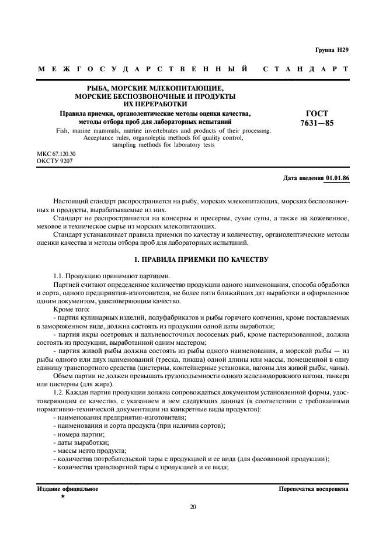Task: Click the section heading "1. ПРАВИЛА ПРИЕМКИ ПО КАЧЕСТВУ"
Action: (x=193, y=258)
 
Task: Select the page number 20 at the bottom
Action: (x=193, y=507)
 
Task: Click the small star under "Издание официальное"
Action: (x=62, y=496)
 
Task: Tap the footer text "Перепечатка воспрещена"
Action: (x=314, y=488)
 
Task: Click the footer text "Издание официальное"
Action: (x=68, y=488)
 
